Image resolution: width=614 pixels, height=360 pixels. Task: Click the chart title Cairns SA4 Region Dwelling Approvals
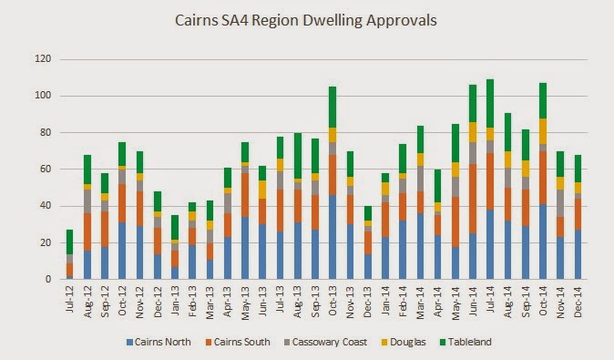(x=306, y=21)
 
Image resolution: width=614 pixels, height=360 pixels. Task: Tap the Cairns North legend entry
(x=159, y=342)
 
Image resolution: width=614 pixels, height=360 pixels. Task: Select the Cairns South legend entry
(x=238, y=342)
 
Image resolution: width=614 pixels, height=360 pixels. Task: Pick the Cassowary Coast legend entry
(x=326, y=342)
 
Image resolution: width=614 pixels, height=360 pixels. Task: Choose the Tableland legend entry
(x=466, y=342)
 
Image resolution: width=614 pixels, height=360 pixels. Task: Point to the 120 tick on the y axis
(x=43, y=59)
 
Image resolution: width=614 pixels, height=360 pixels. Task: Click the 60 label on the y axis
(x=46, y=170)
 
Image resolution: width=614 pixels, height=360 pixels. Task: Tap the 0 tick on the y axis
(x=48, y=279)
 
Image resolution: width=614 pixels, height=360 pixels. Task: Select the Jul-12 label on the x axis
(x=70, y=299)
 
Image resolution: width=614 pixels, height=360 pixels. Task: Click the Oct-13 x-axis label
(x=333, y=301)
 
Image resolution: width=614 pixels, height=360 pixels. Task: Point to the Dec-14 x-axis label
(x=578, y=302)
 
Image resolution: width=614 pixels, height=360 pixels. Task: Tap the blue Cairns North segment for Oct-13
(x=333, y=237)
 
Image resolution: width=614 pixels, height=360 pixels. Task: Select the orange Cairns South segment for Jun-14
(x=473, y=199)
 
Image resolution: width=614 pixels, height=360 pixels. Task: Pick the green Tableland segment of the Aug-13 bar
(x=298, y=156)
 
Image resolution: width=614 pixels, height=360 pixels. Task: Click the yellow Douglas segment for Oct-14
(x=543, y=131)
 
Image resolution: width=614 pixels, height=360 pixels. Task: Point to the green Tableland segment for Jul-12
(x=70, y=242)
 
